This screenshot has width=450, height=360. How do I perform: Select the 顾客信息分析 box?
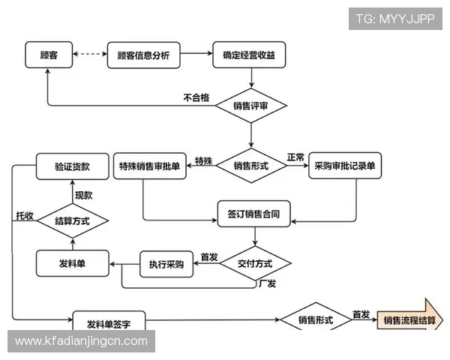(143, 55)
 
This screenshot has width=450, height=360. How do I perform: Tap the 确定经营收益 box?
(250, 55)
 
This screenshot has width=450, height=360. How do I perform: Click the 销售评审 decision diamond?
(250, 106)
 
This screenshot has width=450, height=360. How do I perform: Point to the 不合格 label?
(196, 97)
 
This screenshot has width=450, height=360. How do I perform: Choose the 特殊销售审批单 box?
(149, 166)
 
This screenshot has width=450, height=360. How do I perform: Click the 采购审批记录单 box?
(345, 166)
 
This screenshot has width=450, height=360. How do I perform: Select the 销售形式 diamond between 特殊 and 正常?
(250, 166)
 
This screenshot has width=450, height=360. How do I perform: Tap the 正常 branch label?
(295, 158)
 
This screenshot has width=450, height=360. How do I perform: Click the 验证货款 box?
(72, 166)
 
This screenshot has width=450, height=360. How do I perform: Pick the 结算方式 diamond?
(72, 220)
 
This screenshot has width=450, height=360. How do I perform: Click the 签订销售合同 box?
(253, 214)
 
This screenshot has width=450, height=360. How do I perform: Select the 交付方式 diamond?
(254, 264)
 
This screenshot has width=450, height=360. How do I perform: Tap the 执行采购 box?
(166, 264)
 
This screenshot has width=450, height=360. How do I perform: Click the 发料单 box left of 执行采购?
(72, 264)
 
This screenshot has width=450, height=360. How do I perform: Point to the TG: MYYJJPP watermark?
(395, 19)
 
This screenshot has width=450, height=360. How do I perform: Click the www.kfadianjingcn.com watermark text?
(82, 341)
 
